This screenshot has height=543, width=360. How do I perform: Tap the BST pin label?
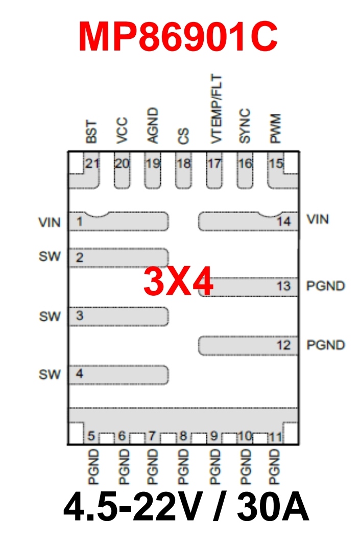click(x=92, y=132)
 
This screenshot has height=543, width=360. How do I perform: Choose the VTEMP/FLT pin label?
click(x=216, y=108)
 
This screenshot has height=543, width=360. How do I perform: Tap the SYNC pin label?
click(x=245, y=126)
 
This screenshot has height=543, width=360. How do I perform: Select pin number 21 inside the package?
click(x=92, y=163)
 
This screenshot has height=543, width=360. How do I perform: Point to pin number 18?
click(x=183, y=163)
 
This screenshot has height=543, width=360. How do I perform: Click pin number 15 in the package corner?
click(x=276, y=163)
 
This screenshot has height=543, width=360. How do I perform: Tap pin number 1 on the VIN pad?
click(x=80, y=222)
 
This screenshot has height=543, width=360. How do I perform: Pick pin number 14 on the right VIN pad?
click(x=284, y=222)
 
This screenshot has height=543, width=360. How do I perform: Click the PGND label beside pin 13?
click(x=325, y=286)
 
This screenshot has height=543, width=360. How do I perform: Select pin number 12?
click(x=283, y=346)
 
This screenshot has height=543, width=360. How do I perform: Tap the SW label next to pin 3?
click(x=50, y=316)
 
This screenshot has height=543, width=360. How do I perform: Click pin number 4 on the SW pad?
click(x=79, y=374)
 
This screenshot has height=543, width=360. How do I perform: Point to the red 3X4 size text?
click(x=178, y=282)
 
